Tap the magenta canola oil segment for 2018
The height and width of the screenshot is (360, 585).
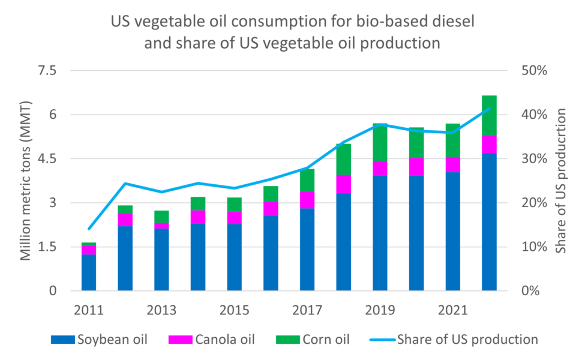tap(344, 184)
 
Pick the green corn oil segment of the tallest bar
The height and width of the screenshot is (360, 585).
tap(490, 116)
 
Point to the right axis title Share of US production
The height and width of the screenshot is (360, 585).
tap(562, 181)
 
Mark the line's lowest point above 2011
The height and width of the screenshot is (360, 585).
tap(89, 229)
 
